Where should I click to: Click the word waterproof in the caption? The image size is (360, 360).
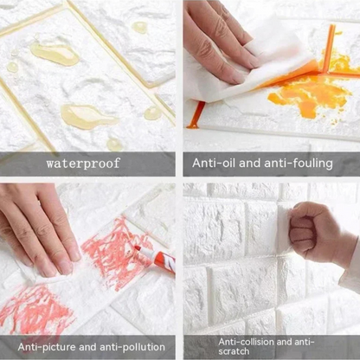click(x=83, y=164)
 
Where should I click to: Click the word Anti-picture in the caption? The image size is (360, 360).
click(x=46, y=347)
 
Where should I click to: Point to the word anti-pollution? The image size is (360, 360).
click(x=132, y=347)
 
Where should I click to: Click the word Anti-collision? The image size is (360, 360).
click(x=246, y=342)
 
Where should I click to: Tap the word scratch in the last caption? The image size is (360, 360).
click(x=234, y=351)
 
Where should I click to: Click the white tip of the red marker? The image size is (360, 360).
click(x=138, y=248)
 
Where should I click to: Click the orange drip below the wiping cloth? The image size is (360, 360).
click(x=196, y=115)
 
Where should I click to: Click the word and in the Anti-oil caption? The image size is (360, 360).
click(x=250, y=163)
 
